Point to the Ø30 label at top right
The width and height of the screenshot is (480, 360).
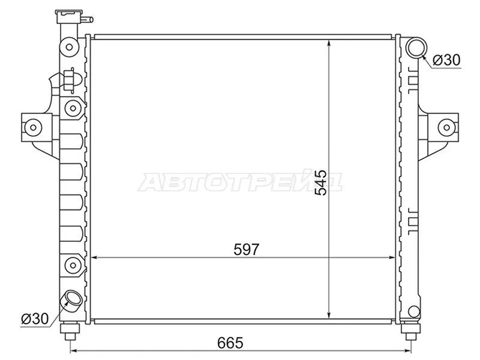point(446,60)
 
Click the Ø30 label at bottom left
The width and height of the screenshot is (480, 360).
point(34,318)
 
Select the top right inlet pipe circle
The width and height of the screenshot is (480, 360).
point(415,47)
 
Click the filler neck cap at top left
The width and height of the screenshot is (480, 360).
point(68,17)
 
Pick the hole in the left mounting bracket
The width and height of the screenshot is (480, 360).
point(32,127)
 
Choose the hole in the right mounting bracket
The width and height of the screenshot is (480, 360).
point(445,127)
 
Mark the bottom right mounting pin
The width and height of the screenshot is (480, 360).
point(411,330)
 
